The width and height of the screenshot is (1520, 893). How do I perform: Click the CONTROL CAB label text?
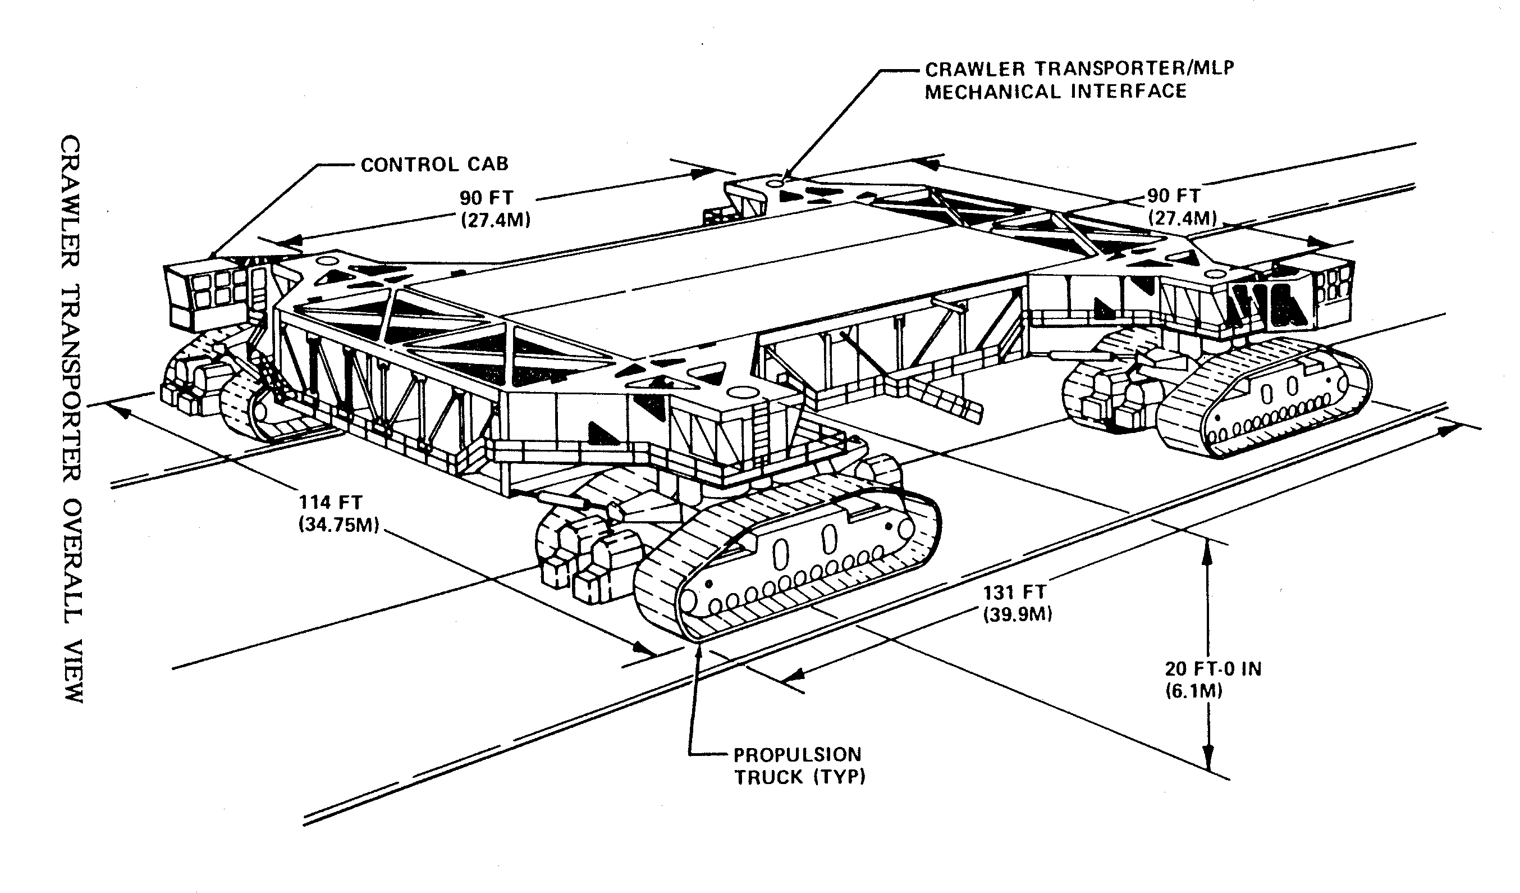coord(434,164)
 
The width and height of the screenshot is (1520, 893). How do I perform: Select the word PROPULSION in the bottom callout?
coord(798,754)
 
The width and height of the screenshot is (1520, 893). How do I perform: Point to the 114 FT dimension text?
coord(331,502)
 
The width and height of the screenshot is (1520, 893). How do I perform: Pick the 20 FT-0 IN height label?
coord(1213,668)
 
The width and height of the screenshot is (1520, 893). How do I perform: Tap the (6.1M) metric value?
coord(1194,691)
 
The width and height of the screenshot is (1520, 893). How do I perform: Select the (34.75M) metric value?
coord(339,526)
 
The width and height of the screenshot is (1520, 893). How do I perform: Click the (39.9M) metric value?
coord(1018,615)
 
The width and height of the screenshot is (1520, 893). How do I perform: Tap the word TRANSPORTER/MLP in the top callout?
coord(1134,68)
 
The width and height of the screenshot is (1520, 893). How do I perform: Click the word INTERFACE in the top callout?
coord(1129,92)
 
